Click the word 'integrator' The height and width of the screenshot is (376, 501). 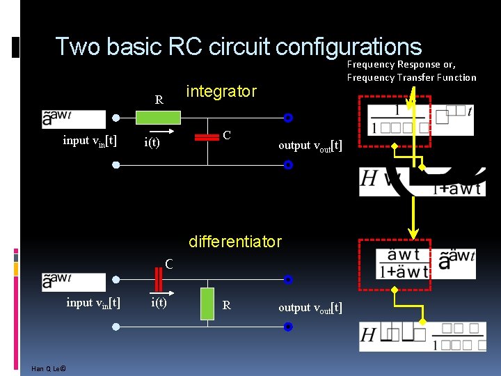(221, 91)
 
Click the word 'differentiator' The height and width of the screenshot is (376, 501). (235, 242)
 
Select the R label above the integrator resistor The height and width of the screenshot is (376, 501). (159, 100)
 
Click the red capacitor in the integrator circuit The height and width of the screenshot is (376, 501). (207, 137)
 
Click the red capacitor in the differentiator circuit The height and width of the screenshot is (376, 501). (159, 279)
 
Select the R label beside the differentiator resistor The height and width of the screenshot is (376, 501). (226, 305)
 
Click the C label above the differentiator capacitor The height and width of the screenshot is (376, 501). (169, 264)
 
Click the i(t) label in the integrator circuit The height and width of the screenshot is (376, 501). (152, 143)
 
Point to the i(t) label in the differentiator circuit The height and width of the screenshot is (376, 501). (159, 302)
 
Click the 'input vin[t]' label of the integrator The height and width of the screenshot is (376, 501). (90, 141)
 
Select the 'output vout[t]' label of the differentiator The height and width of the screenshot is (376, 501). (310, 307)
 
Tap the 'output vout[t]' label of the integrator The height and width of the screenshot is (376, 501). (310, 145)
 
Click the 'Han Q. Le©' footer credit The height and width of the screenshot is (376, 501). (49, 368)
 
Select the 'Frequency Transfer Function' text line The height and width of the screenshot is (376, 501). (411, 77)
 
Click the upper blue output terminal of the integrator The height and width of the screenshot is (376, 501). (287, 118)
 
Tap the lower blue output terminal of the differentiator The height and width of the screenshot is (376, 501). (287, 327)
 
